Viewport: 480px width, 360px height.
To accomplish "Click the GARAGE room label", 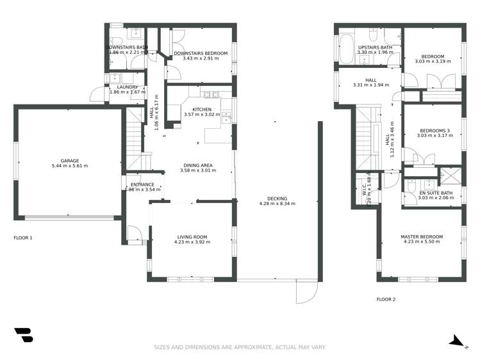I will [x=69, y=161].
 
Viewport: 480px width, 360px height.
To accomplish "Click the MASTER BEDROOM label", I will [x=421, y=237].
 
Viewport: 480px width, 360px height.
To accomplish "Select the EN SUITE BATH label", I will [x=436, y=193].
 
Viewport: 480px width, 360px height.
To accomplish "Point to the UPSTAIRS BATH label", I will [x=376, y=47].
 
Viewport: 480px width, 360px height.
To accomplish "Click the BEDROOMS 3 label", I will [x=434, y=131].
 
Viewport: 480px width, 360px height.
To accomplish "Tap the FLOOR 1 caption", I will [x=23, y=238].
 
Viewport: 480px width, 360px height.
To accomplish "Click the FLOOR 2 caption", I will [x=386, y=299].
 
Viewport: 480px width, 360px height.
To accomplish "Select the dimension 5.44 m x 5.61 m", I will [x=69, y=166].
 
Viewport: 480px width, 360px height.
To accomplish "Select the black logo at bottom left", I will [x=23, y=335].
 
